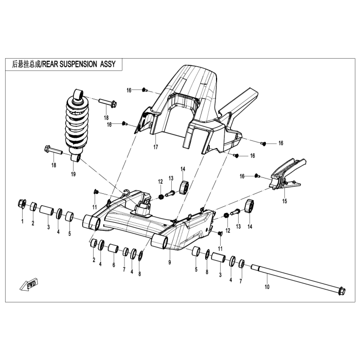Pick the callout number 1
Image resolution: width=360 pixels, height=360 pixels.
[x=23, y=222]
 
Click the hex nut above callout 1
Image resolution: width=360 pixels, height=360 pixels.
[x=22, y=204]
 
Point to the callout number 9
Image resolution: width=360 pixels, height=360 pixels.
[x=169, y=262]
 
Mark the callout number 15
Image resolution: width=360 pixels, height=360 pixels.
[x=284, y=202]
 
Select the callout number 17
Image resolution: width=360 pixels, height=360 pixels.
[x=155, y=147]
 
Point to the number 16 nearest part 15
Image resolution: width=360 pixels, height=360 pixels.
[x=241, y=176]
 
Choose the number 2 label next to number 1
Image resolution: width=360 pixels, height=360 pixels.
[x=33, y=223]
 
